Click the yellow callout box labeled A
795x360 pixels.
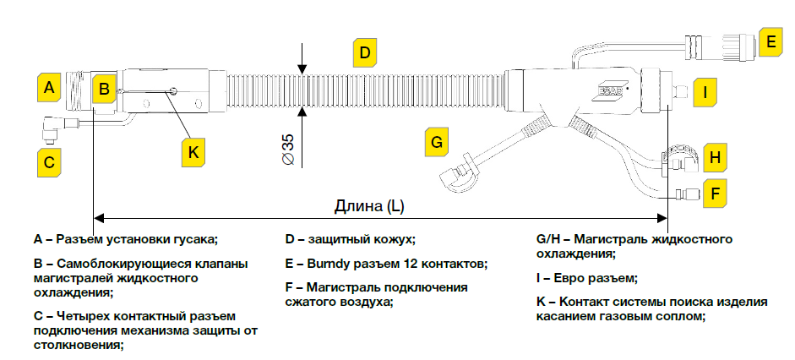click(x=49, y=87)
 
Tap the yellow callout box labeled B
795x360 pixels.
click(x=103, y=87)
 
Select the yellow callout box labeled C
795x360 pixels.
click(x=49, y=161)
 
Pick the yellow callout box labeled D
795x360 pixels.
click(x=363, y=52)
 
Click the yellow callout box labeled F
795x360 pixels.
click(x=715, y=194)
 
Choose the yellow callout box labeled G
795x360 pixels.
click(x=436, y=141)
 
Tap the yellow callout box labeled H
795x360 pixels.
click(x=715, y=157)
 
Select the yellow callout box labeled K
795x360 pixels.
click(x=193, y=152)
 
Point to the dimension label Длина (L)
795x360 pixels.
click(x=369, y=206)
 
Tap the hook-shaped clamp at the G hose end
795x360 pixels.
click(x=458, y=173)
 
